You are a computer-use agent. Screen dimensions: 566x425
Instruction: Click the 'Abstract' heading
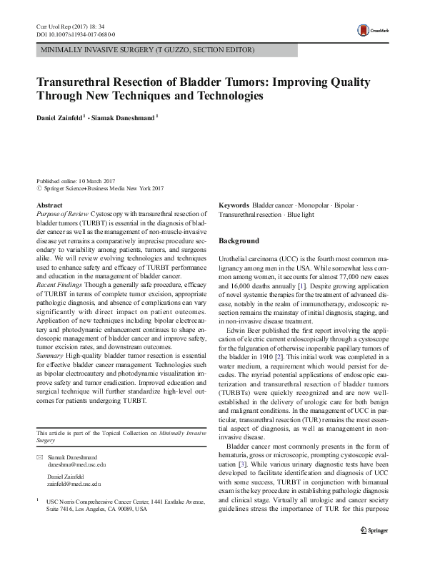tap(49, 205)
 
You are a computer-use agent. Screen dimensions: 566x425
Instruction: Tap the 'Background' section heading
tap(239, 241)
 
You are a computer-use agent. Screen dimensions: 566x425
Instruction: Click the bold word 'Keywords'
tap(234, 205)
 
